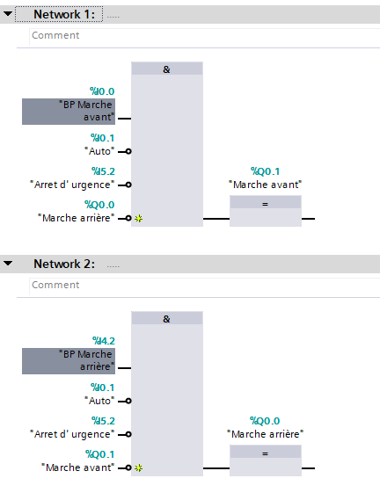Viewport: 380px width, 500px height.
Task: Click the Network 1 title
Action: pos(64,14)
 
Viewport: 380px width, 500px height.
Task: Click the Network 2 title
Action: pos(64,264)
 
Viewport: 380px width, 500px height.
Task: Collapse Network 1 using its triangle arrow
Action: pos(8,14)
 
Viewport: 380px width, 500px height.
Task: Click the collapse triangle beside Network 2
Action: pos(8,264)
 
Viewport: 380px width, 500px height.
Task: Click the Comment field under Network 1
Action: pos(204,35)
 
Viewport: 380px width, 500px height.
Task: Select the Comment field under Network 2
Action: pos(204,285)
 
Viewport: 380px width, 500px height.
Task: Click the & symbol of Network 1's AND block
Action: pos(166,69)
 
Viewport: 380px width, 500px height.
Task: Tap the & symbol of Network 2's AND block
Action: pos(166,319)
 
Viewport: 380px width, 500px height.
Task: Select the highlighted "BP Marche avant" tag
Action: pos(69,112)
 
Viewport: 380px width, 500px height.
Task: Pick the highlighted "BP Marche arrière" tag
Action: pos(69,361)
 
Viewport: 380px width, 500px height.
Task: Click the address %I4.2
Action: pos(104,341)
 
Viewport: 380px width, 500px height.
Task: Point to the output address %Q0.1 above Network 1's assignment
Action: pos(265,171)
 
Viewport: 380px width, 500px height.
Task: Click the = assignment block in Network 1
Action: pos(266,211)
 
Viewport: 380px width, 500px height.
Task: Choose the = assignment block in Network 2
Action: pos(266,460)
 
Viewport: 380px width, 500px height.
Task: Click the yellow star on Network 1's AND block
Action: pos(139,219)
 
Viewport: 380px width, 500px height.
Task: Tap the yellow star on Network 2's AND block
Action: pos(139,468)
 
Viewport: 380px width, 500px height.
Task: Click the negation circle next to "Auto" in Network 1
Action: pos(128,151)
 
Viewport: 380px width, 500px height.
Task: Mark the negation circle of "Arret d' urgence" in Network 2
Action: pos(128,434)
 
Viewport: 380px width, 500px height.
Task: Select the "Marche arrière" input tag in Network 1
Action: pos(76,218)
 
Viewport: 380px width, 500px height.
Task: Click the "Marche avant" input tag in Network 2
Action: pos(77,467)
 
